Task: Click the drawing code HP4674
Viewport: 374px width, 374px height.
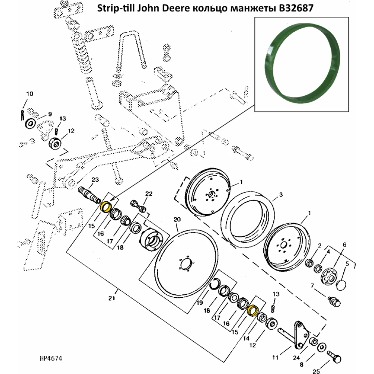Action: coord(50,359)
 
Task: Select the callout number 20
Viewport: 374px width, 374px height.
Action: coord(177,220)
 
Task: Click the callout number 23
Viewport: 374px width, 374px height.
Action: coord(95,180)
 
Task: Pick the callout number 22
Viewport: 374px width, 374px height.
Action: coord(149,193)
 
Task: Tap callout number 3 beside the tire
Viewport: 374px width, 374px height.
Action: coord(281,195)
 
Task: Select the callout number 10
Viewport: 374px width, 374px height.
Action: coord(30,93)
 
